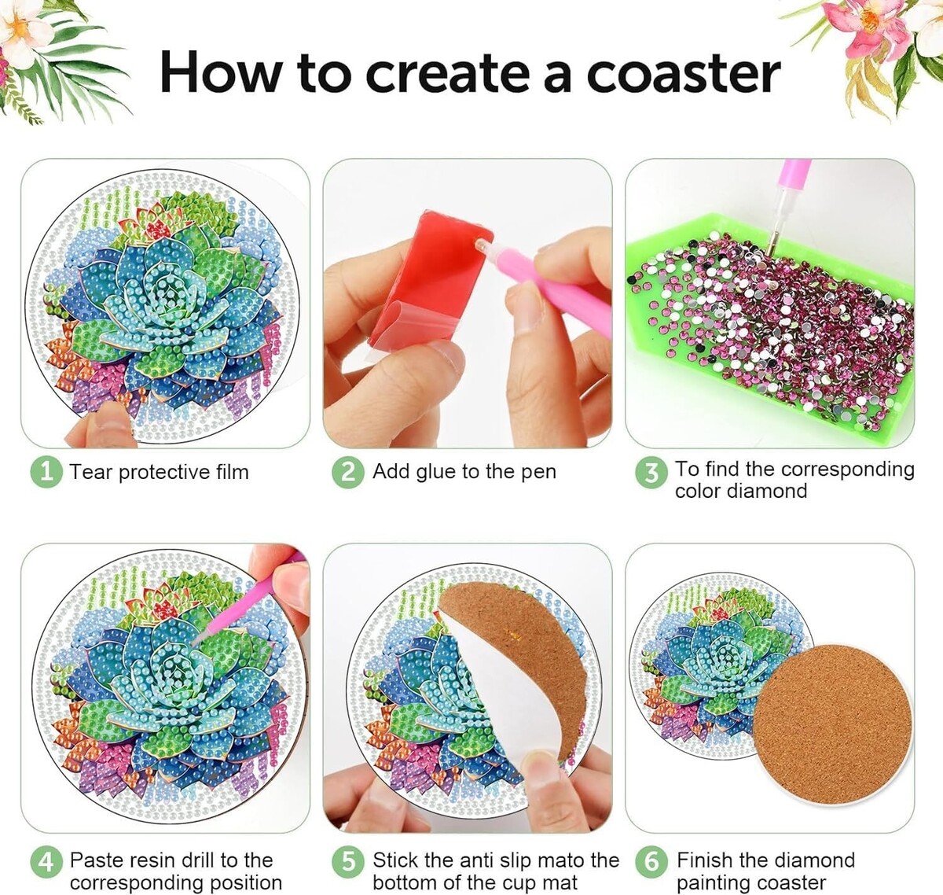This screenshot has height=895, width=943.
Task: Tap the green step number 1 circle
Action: click(46, 473)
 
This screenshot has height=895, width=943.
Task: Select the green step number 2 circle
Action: click(348, 473)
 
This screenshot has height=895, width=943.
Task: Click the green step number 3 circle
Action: click(651, 473)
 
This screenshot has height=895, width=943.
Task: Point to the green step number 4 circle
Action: click(46, 862)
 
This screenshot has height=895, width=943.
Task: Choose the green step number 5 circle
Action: click(348, 862)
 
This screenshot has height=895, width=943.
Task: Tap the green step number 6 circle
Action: click(651, 862)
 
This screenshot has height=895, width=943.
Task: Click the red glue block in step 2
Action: click(427, 278)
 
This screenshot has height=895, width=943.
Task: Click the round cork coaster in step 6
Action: click(831, 724)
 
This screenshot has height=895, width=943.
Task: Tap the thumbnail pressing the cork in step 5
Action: click(539, 762)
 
